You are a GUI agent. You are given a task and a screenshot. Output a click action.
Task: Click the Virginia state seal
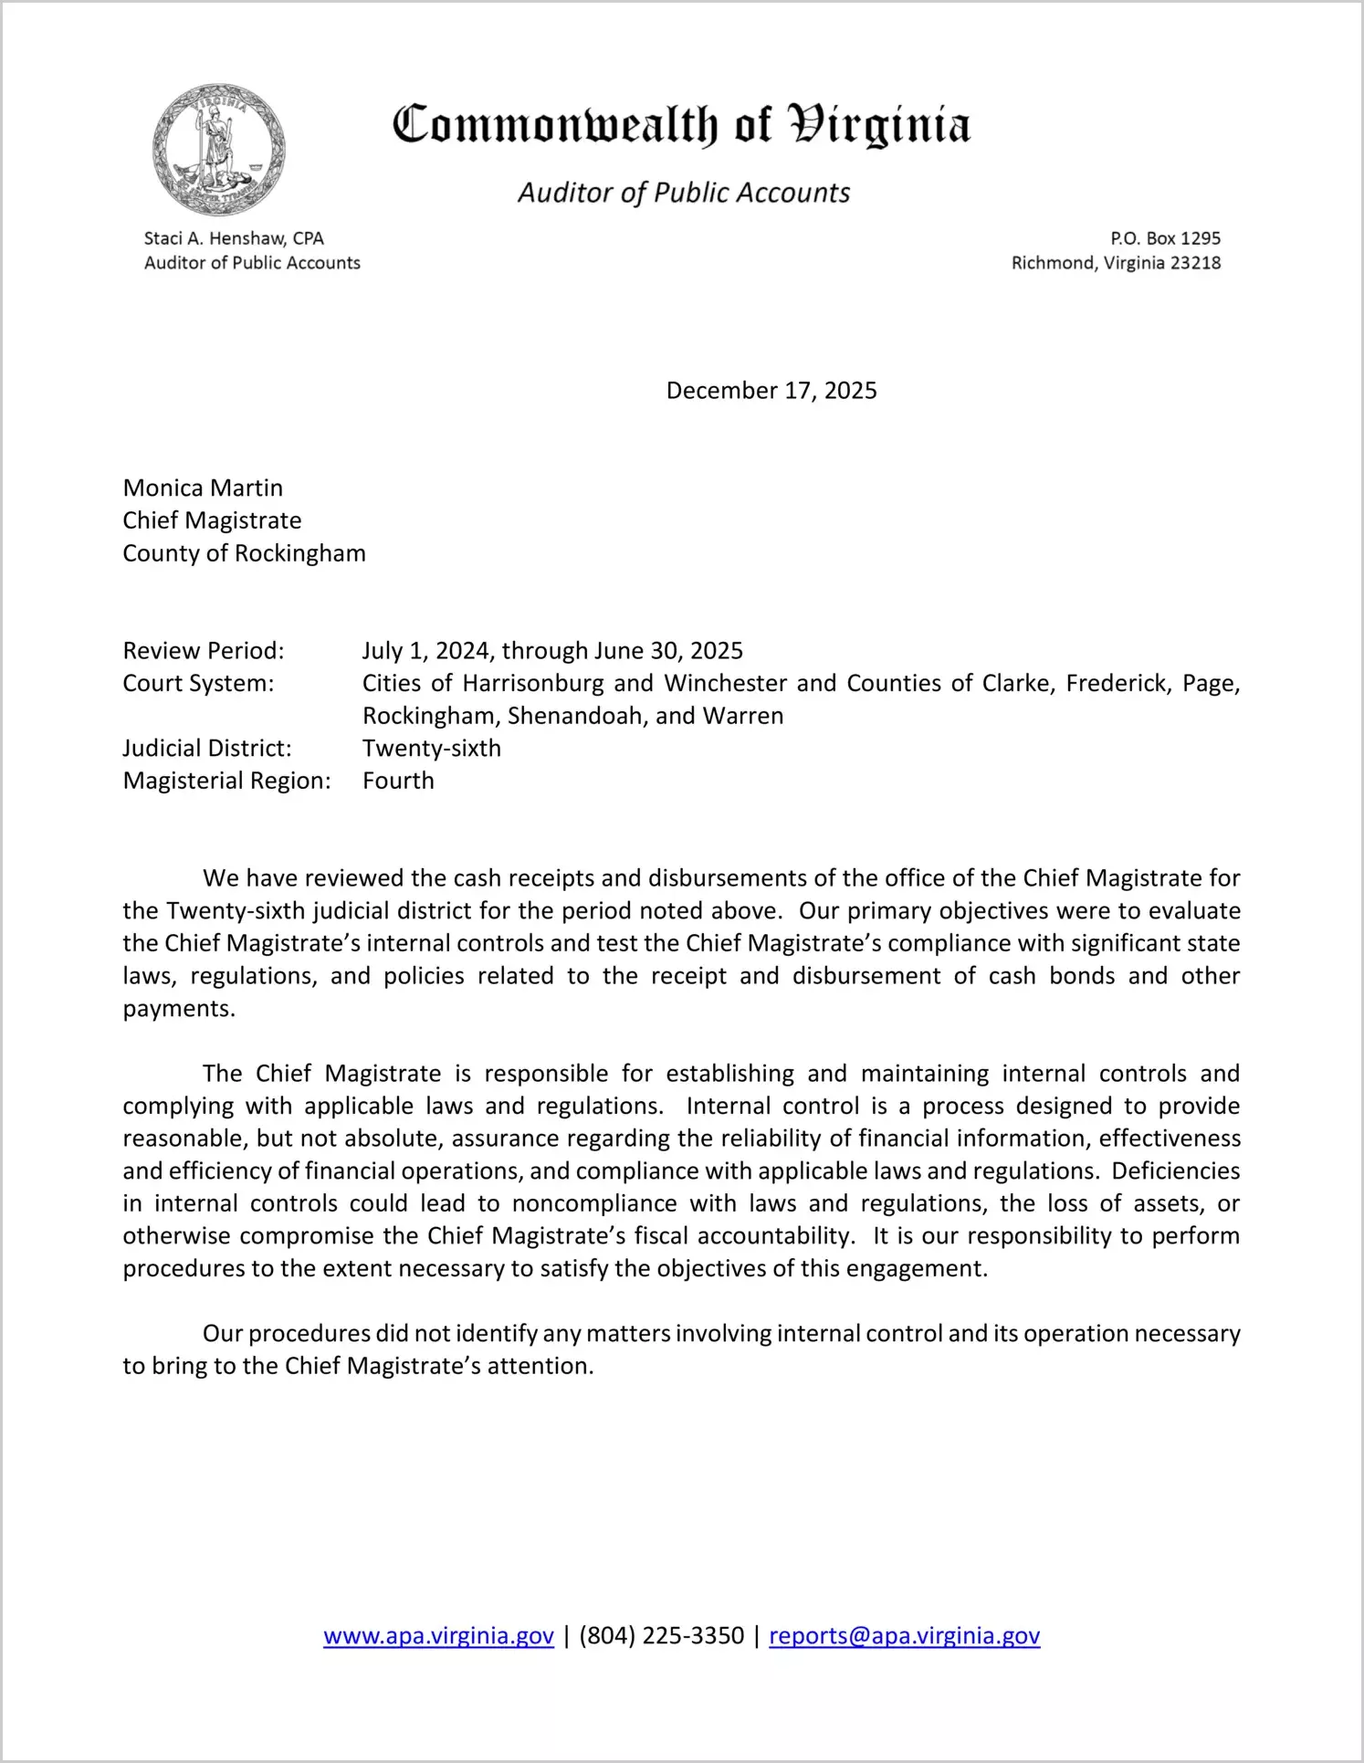click(219, 150)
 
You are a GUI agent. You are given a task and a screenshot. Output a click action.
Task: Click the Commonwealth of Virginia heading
click(681, 125)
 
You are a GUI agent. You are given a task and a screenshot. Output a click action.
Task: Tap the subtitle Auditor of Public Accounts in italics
click(684, 193)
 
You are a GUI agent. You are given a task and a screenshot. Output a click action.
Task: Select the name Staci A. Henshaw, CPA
click(234, 238)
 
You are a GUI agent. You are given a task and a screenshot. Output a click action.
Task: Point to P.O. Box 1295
click(1165, 238)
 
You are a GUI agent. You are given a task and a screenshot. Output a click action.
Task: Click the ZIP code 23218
click(1195, 263)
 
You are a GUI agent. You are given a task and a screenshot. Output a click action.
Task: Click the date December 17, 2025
click(771, 391)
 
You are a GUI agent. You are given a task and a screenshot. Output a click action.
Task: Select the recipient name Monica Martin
click(203, 488)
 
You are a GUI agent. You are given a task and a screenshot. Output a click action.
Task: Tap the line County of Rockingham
click(244, 553)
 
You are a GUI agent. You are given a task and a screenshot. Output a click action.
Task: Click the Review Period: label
click(204, 651)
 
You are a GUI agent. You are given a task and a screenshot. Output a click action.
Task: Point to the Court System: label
click(198, 683)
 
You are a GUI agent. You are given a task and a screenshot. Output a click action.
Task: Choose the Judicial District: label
click(207, 749)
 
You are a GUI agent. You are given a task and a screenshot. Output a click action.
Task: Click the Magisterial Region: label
click(226, 781)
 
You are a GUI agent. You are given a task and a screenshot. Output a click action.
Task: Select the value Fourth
click(398, 781)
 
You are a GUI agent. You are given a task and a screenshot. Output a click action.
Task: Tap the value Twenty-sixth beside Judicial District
click(432, 749)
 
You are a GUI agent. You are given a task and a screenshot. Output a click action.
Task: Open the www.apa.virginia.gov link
click(438, 1635)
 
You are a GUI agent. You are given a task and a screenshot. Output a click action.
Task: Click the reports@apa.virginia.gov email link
click(904, 1635)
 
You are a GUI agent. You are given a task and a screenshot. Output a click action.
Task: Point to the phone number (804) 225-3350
click(661, 1635)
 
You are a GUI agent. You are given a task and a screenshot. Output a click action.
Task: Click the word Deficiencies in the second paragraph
click(1176, 1170)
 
